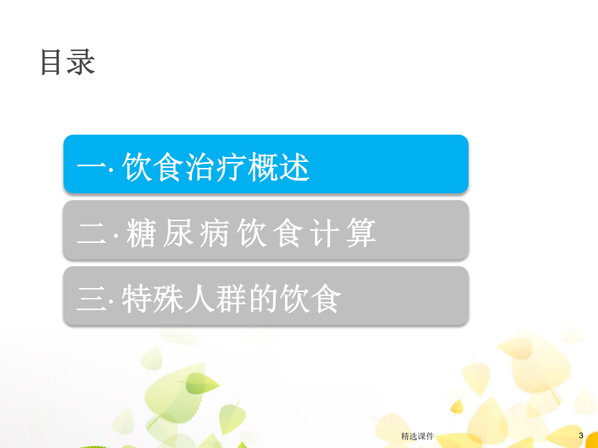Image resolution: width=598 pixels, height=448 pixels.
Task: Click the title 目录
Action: (x=68, y=62)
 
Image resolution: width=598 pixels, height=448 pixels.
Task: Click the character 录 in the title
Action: (x=81, y=62)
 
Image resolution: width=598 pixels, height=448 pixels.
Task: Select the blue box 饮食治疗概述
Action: (x=266, y=164)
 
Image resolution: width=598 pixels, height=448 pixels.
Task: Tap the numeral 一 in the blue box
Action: (x=92, y=166)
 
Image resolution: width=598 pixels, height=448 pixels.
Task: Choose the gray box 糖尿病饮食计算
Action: (x=266, y=230)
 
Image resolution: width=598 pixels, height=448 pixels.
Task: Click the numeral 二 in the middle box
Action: (x=92, y=233)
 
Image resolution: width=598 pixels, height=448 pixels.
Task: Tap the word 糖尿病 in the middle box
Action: (x=177, y=233)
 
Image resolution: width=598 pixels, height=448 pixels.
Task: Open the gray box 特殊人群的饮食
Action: (x=266, y=296)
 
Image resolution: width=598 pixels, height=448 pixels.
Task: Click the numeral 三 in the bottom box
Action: (x=92, y=299)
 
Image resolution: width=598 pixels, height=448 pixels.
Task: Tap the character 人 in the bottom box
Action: (x=199, y=299)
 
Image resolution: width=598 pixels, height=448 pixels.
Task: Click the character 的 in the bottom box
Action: (x=263, y=299)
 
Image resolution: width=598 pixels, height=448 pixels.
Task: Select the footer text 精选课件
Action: (x=417, y=436)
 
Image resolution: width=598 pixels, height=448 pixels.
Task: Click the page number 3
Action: (x=581, y=435)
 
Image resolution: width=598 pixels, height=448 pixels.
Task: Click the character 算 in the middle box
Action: (x=361, y=233)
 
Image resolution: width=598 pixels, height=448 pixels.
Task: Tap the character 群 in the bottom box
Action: (x=231, y=299)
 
